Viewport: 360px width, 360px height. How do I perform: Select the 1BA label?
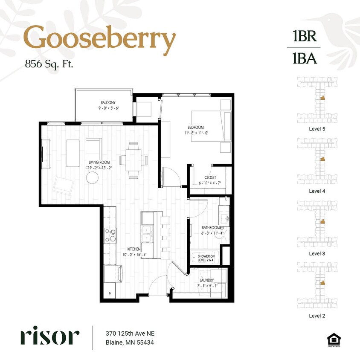click(x=305, y=58)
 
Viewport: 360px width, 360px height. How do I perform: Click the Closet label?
click(x=210, y=177)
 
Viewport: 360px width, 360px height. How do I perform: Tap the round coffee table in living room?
click(x=93, y=177)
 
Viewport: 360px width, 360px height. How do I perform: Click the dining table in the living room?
click(x=134, y=160)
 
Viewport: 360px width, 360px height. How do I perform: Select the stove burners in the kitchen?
click(x=110, y=235)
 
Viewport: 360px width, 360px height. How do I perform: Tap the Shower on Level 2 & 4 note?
click(x=206, y=258)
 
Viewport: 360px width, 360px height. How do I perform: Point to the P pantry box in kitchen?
click(x=109, y=294)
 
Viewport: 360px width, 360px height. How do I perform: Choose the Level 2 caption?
click(x=317, y=316)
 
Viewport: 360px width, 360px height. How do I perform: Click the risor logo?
click(x=49, y=337)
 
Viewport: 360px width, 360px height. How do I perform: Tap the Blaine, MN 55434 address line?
click(x=130, y=343)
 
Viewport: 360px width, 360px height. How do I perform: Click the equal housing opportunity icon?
click(x=331, y=339)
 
